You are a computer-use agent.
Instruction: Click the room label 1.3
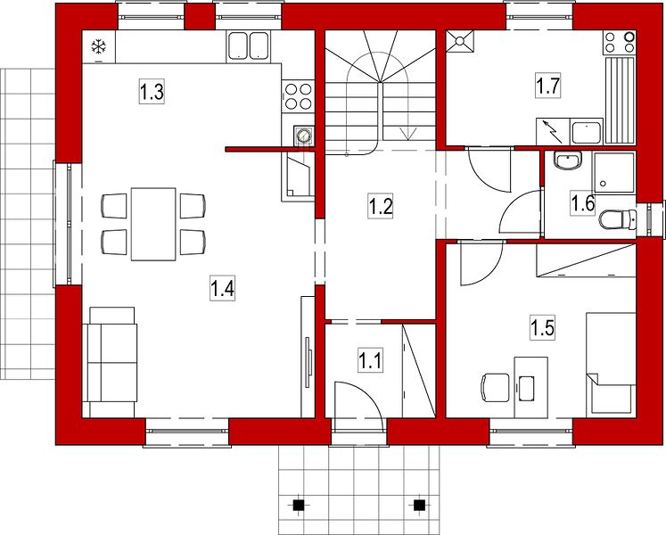(152, 91)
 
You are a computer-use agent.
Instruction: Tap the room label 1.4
(223, 289)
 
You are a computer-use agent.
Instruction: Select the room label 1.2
(380, 207)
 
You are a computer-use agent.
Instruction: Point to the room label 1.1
(370, 360)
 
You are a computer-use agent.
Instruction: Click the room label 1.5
(542, 327)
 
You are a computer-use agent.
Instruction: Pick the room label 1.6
(582, 203)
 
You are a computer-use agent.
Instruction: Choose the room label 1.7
(548, 86)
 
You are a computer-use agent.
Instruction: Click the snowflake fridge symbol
(99, 46)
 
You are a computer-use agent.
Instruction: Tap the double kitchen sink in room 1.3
(249, 45)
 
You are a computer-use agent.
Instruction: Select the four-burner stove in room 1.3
(298, 96)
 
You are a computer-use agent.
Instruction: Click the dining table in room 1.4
(153, 224)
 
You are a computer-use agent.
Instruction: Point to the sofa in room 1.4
(110, 362)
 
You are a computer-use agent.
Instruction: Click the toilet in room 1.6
(618, 219)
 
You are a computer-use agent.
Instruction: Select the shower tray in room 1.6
(614, 172)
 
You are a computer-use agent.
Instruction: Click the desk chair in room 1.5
(495, 387)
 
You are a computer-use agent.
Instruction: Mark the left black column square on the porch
(299, 505)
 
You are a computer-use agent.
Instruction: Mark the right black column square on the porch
(419, 505)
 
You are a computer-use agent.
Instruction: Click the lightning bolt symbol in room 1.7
(552, 131)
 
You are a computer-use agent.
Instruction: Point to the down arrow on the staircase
(408, 133)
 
